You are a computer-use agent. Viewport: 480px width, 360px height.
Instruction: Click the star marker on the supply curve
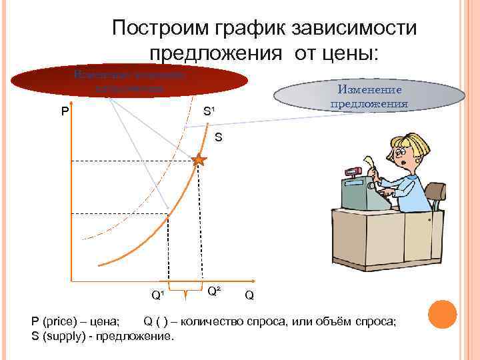click(199, 160)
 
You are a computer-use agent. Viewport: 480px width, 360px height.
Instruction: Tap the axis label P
click(65, 111)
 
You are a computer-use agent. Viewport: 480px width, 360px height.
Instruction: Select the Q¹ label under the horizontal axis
click(157, 294)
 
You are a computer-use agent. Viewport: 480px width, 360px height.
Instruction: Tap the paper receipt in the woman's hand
click(369, 163)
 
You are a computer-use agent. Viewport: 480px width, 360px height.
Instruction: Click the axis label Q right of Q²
click(249, 294)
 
